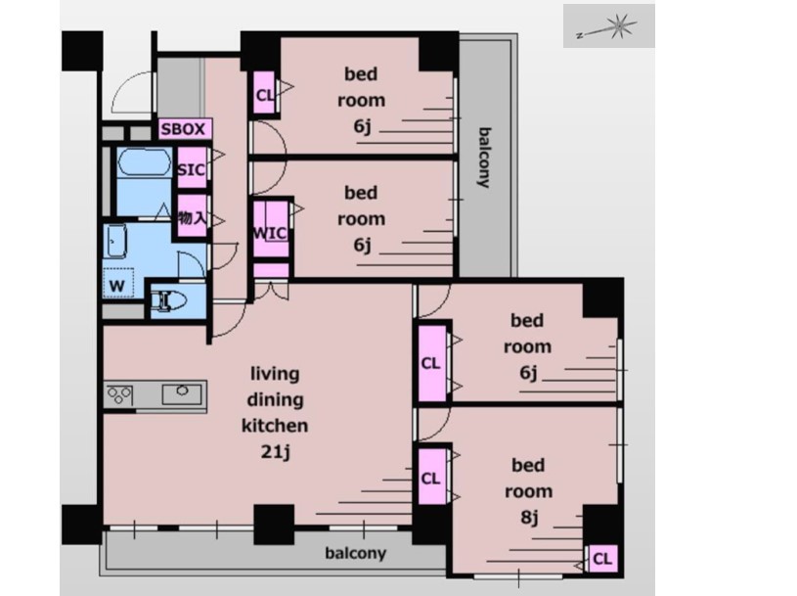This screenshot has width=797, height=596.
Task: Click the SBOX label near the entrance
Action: point(183,129)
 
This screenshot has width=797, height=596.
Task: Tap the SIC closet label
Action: point(191,169)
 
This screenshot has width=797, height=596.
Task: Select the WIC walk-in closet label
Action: point(270,234)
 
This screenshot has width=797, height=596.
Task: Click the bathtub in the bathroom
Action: point(145,162)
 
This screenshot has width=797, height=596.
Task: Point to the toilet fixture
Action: point(165,300)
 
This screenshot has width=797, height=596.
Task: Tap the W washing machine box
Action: point(118,283)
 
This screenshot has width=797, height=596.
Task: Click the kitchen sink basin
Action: point(182,393)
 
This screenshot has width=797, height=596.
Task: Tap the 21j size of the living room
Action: point(275,451)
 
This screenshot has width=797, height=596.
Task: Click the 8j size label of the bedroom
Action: point(529,517)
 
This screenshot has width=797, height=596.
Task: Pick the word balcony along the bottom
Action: point(356,553)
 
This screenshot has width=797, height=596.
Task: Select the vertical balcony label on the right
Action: point(485,158)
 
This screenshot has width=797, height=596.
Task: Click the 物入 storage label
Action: point(192,218)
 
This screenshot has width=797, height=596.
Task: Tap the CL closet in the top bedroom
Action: point(265,94)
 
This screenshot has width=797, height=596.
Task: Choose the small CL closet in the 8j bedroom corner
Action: point(602,559)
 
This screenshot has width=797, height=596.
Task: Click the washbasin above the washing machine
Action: point(116,242)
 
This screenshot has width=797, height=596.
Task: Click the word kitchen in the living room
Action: point(275,425)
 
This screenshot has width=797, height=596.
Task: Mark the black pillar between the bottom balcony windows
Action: point(274,525)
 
